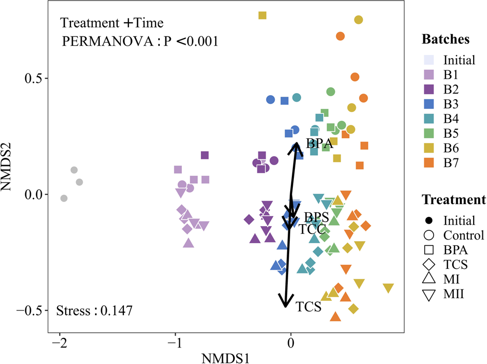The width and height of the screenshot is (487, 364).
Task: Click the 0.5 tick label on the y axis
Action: pos(37,79)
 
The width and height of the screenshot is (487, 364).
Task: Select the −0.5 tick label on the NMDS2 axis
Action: pos(33,311)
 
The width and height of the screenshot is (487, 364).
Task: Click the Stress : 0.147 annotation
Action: pos(95,311)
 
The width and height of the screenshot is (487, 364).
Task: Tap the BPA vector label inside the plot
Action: pos(320,143)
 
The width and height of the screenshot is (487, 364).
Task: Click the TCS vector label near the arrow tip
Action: pos(309,307)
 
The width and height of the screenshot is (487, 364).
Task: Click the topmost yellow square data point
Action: pos(262,15)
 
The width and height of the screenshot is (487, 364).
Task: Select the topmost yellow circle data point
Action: pos(359,20)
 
